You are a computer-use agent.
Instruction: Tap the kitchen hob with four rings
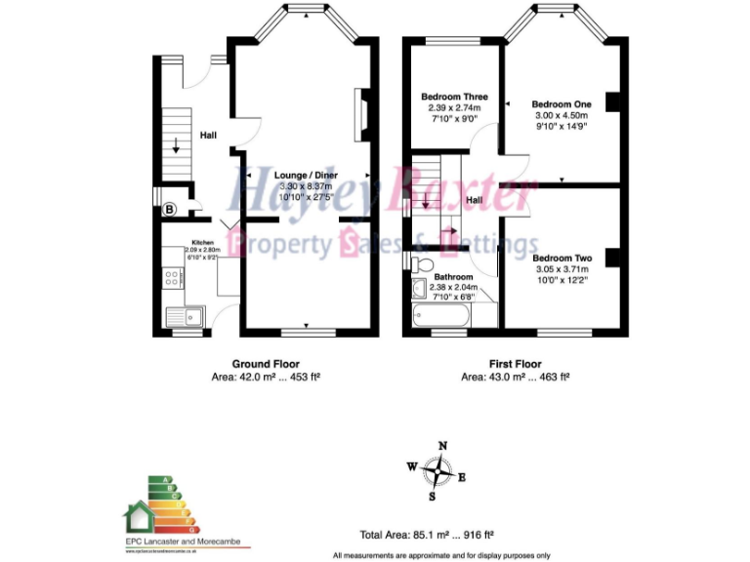pyautogui.click(x=172, y=277)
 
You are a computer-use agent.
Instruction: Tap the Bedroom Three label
pyautogui.click(x=454, y=98)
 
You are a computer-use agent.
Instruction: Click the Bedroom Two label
pyautogui.click(x=562, y=258)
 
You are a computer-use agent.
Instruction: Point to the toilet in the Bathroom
pyautogui.click(x=422, y=264)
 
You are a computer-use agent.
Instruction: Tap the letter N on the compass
pyautogui.click(x=442, y=446)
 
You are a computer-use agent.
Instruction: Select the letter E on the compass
pyautogui.click(x=462, y=477)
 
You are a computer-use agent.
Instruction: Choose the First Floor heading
pyautogui.click(x=515, y=362)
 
